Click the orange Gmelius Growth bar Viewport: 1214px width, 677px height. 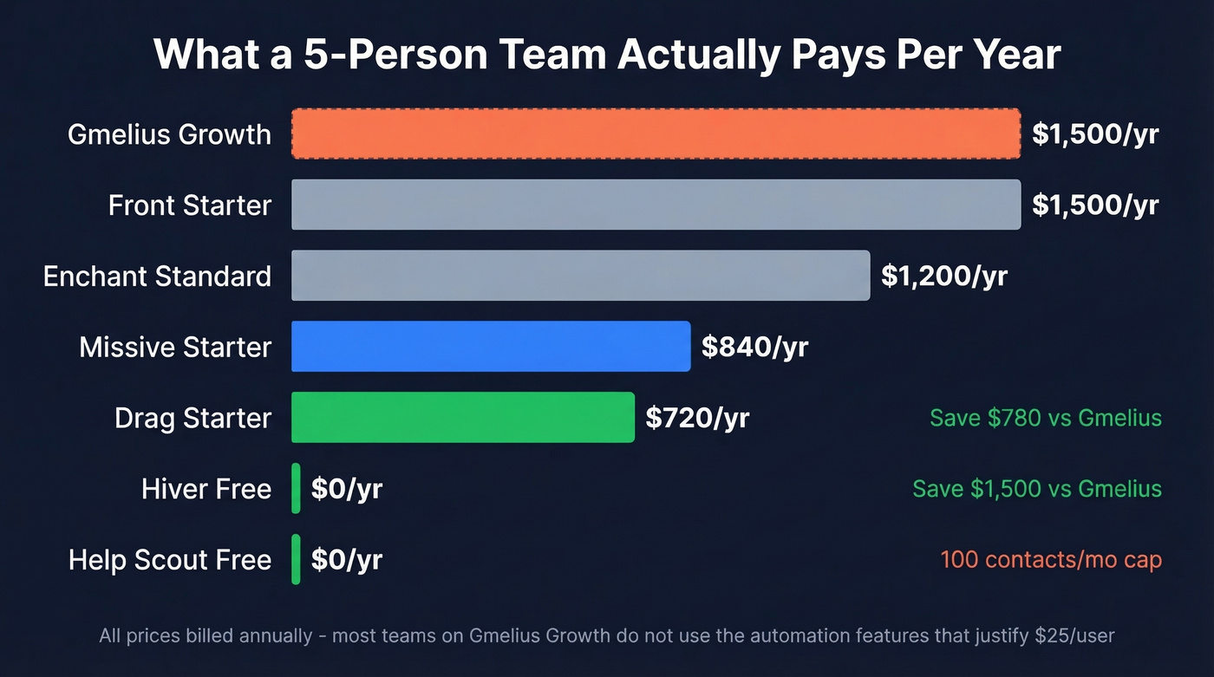coord(656,133)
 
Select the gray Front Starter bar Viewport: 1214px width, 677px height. coord(656,205)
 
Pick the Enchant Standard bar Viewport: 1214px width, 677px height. coord(580,276)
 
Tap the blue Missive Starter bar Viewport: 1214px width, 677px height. coord(491,347)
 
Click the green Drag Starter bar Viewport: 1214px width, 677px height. coord(463,418)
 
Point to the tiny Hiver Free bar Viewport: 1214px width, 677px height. coord(296,489)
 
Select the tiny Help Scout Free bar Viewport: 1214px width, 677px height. coord(296,560)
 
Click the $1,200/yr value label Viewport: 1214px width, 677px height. coord(944,276)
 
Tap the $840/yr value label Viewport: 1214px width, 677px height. coord(754,347)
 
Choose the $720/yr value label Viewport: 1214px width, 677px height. coord(697,418)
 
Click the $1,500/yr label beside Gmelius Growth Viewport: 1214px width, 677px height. coord(1095,133)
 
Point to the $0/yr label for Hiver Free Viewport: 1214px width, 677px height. coord(347,489)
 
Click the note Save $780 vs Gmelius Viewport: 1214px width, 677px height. coord(1045,418)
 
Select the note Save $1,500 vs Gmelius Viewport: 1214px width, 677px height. coord(1036,489)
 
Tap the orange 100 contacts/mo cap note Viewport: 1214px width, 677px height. coord(1051,560)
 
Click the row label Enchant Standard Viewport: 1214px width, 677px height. coord(157,276)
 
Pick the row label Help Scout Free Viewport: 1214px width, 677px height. coord(170,560)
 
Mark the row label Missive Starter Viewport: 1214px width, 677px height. coord(175,347)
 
